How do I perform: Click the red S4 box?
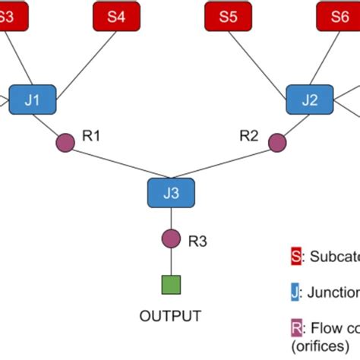click(x=115, y=17)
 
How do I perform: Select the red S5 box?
click(x=228, y=17)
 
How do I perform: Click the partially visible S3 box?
click(x=11, y=17)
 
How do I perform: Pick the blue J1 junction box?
click(x=33, y=99)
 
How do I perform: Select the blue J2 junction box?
click(x=310, y=99)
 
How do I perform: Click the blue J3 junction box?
click(x=171, y=193)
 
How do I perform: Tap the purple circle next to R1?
click(x=66, y=141)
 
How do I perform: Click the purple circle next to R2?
click(x=277, y=141)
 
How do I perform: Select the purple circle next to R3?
click(x=171, y=240)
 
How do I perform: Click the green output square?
click(x=171, y=285)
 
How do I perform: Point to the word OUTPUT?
click(x=171, y=316)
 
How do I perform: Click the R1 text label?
click(x=92, y=136)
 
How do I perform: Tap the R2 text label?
click(x=249, y=136)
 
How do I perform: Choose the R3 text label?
click(x=197, y=242)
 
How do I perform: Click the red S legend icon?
click(x=295, y=257)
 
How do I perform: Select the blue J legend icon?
click(x=295, y=292)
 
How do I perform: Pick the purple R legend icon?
click(x=295, y=328)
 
